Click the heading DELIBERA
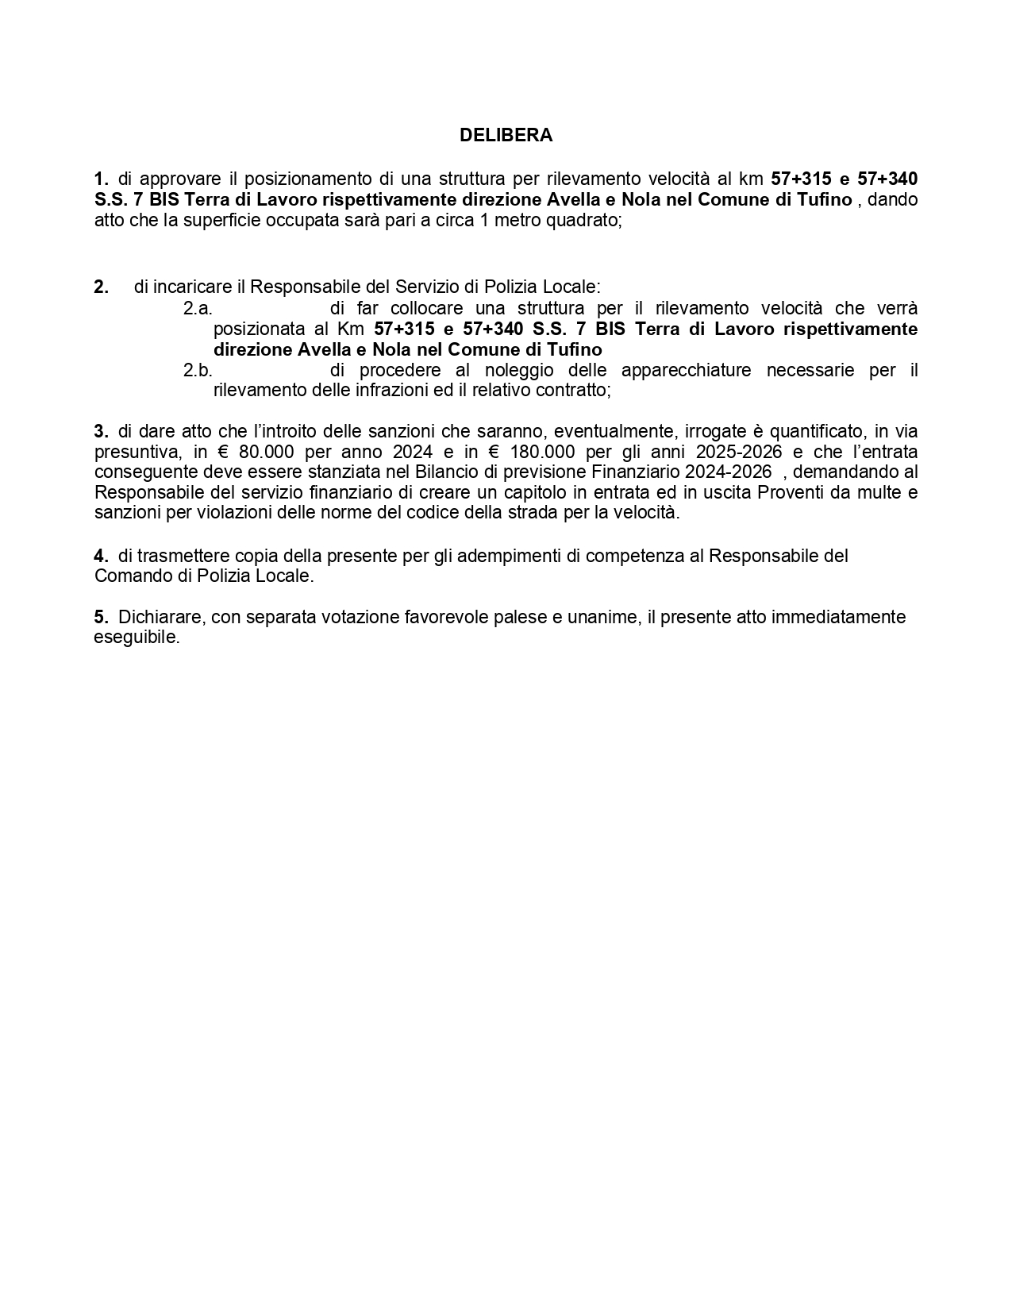click(x=506, y=136)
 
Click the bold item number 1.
click(x=101, y=179)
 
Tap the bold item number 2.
click(x=101, y=287)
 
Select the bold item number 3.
click(x=101, y=432)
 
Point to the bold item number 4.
click(x=101, y=556)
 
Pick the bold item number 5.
click(x=101, y=617)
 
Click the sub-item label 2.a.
click(x=198, y=308)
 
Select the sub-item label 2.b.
click(x=198, y=370)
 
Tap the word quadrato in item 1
click(x=589, y=220)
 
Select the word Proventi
click(x=795, y=492)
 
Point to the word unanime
click(x=602, y=617)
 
